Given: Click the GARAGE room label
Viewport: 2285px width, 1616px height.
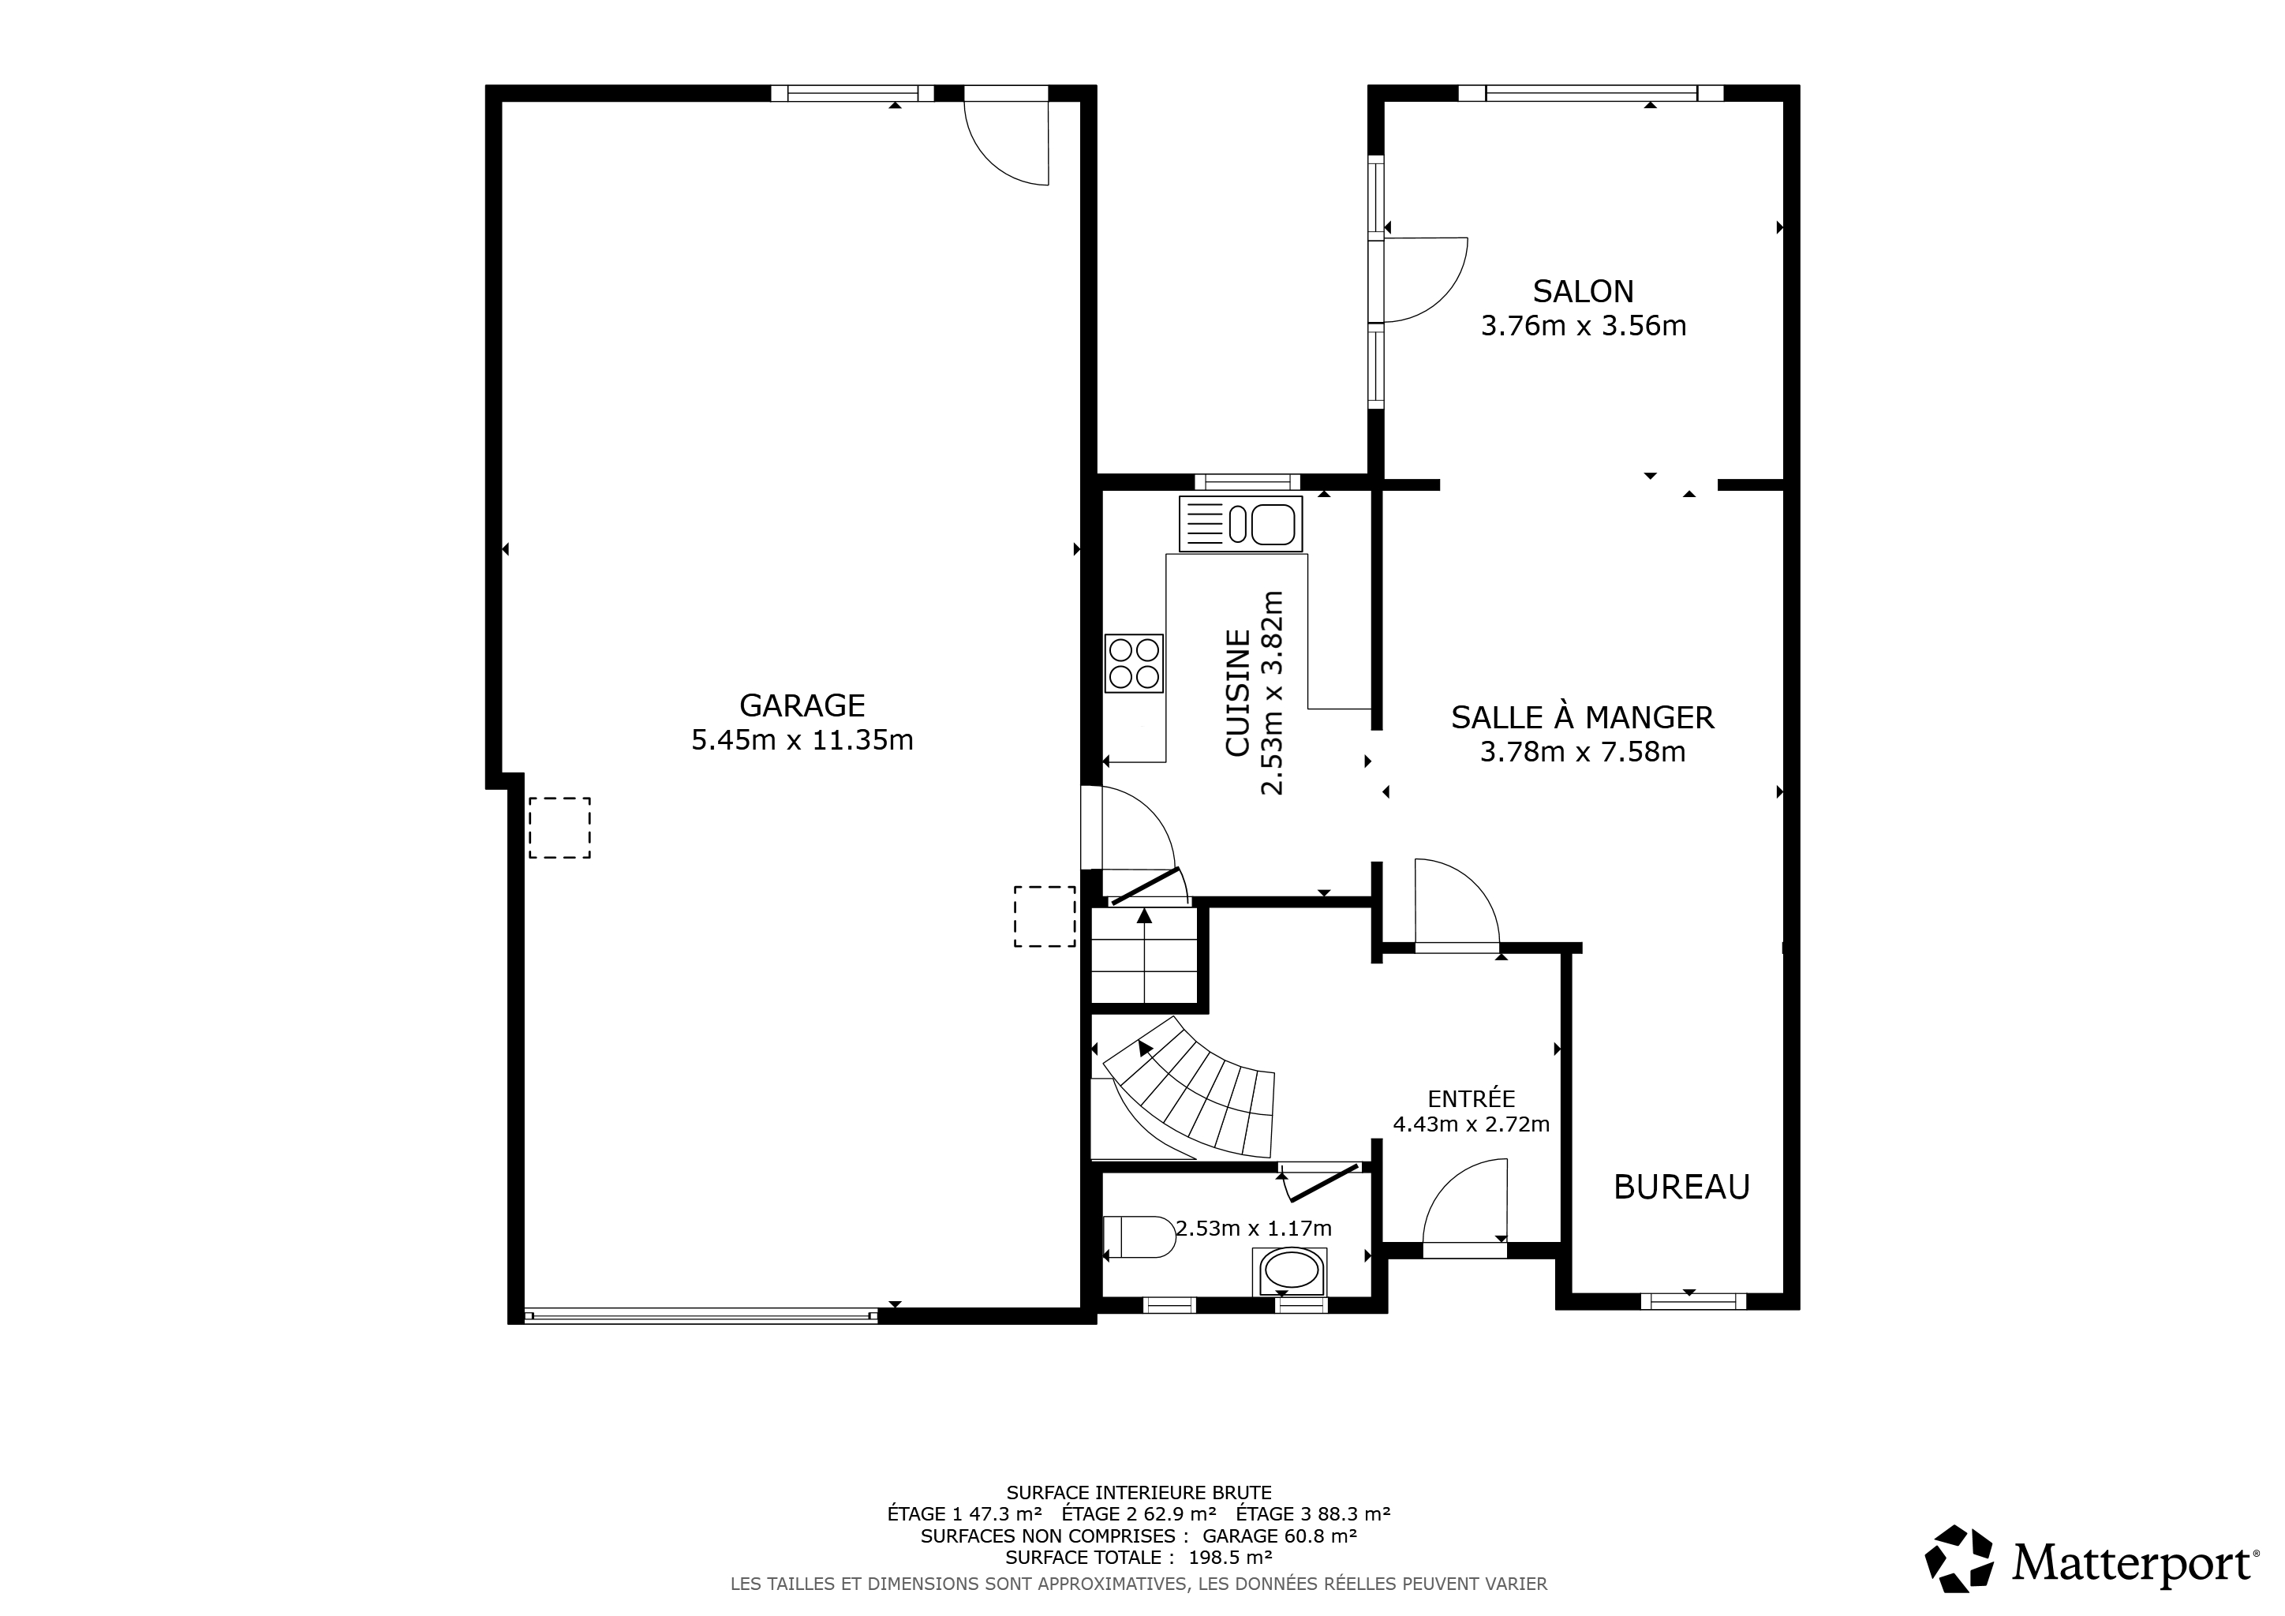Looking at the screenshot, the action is (802, 705).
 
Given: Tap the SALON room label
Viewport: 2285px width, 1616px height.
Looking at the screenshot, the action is (1584, 291).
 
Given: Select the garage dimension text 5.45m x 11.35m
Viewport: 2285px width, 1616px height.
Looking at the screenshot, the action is (802, 740).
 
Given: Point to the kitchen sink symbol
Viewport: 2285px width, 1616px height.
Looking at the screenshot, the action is (1241, 523).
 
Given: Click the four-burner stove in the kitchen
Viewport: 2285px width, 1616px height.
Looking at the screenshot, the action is (1135, 663).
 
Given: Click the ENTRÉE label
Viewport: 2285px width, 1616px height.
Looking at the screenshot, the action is (1471, 1098).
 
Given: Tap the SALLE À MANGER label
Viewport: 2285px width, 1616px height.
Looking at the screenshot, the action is (1583, 717).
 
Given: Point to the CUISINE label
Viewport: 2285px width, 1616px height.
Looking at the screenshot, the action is (1237, 693).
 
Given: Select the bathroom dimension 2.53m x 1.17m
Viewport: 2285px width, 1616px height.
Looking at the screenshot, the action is (1254, 1229).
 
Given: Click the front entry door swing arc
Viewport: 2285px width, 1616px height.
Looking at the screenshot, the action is (1465, 1200).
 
